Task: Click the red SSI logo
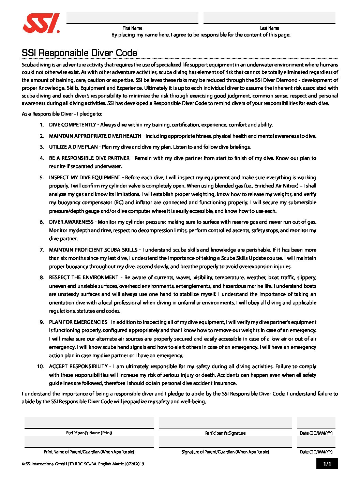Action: (41, 23)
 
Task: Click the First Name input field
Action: (132, 18)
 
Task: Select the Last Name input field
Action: (269, 18)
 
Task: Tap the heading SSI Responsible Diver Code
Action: (79, 53)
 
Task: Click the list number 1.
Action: (42, 125)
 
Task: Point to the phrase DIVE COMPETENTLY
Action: (72, 125)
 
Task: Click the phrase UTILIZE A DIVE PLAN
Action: (73, 147)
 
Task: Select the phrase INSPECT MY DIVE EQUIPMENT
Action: (85, 178)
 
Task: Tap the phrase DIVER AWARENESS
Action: (71, 222)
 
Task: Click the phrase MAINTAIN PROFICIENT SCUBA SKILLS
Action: (93, 250)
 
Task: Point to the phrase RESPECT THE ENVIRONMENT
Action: (84, 277)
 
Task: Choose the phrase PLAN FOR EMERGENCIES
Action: (78, 322)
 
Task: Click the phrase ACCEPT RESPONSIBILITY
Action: (78, 366)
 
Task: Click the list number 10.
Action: (40, 366)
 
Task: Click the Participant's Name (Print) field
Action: (89, 423)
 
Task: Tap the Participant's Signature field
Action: (225, 423)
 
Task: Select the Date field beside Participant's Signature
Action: (316, 423)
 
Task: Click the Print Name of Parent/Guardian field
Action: (89, 442)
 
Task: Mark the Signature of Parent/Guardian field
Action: (225, 442)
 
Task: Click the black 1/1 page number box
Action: (327, 464)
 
